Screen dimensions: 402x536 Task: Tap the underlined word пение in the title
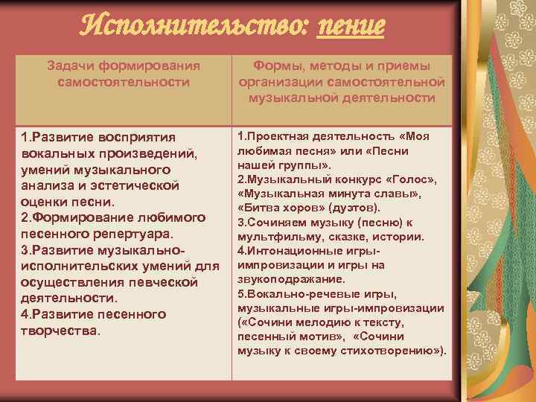point(351,27)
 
